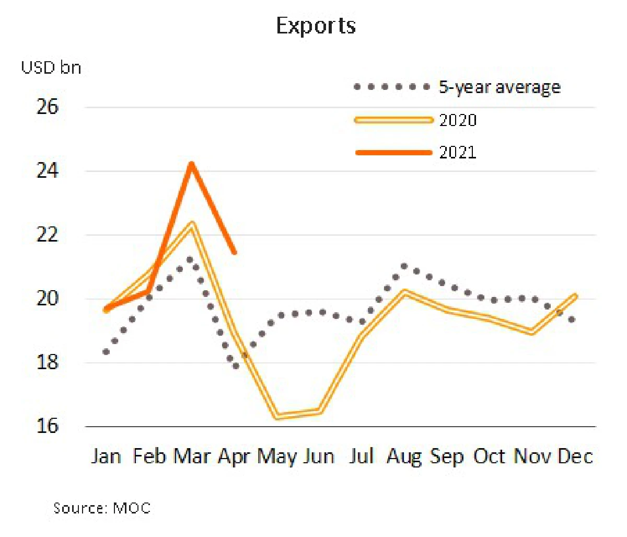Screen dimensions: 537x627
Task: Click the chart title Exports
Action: click(316, 26)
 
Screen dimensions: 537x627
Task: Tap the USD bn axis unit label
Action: click(51, 67)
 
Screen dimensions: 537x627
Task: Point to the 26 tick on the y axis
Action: click(47, 107)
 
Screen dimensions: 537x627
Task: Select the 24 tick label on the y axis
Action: click(47, 171)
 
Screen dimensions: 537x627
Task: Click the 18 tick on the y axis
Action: click(47, 362)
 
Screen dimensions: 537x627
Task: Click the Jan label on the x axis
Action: click(106, 456)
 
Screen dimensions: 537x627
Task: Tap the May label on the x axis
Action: click(276, 457)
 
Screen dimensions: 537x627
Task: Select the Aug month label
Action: click(404, 457)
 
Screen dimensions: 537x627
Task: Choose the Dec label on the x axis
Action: click(575, 456)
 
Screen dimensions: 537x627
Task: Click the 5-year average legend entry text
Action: click(500, 87)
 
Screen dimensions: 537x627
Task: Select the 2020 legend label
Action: click(458, 120)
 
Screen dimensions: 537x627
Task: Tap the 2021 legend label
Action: click(458, 153)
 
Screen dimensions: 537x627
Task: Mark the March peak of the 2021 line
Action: click(192, 164)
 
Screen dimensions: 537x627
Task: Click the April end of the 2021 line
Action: click(234, 252)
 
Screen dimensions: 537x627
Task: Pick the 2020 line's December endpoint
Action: click(575, 296)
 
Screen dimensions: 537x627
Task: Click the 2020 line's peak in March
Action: click(192, 224)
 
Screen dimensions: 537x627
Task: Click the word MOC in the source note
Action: click(132, 508)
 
